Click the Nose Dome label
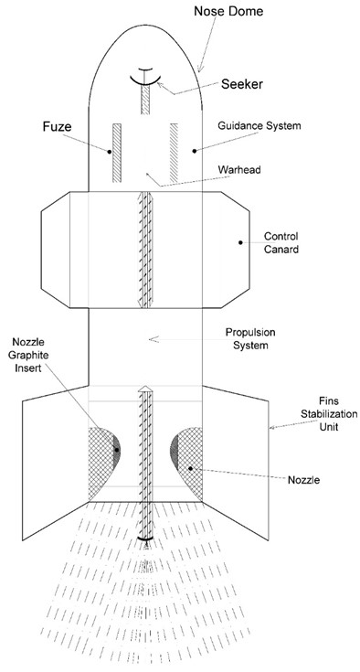228,11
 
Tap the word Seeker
242,84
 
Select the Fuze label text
57,126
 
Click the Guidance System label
259,126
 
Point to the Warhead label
239,169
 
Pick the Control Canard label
281,242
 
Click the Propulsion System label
250,338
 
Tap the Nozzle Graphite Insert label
29,355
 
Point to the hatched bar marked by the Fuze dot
117,153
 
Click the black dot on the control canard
240,242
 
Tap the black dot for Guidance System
194,151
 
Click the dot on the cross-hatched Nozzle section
190,469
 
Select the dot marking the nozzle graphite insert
116,450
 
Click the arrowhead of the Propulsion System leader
154,339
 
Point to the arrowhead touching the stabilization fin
272,427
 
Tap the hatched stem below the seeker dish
145,100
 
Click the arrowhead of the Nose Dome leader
199,69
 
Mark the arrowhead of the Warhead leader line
148,175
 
